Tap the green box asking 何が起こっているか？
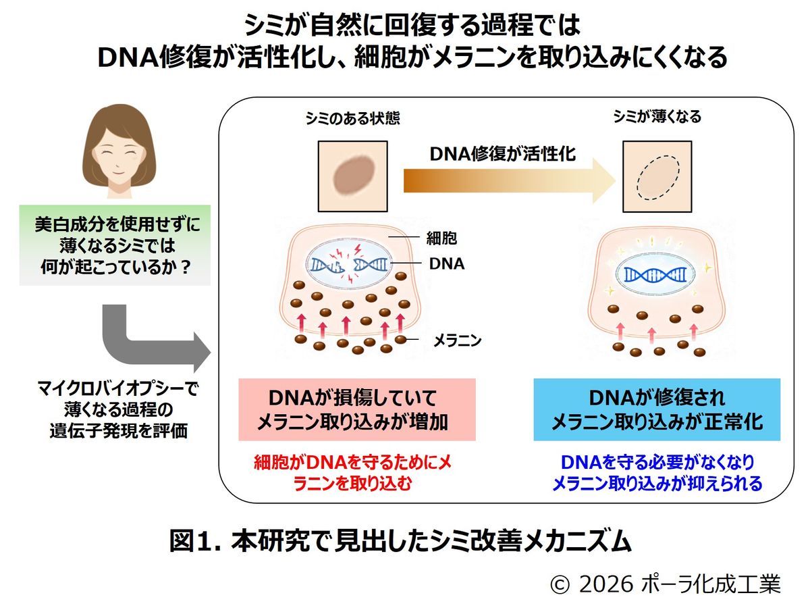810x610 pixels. [x=115, y=245]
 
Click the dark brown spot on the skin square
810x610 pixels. [x=354, y=176]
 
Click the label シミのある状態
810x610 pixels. [x=352, y=118]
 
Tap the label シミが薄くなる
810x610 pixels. [x=657, y=117]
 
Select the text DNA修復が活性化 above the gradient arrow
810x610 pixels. [x=503, y=154]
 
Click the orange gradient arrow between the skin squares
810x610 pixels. [x=509, y=181]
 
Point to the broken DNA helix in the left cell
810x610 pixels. [x=349, y=265]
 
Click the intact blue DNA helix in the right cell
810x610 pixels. [x=655, y=275]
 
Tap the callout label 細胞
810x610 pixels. [x=441, y=238]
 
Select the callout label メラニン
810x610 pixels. [x=457, y=340]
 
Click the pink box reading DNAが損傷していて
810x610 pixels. [x=357, y=409]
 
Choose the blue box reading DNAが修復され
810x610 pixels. [x=657, y=409]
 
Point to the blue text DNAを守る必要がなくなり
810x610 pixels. [x=657, y=462]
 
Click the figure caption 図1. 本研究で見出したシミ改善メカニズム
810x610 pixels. [x=400, y=542]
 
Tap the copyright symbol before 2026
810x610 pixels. [x=560, y=585]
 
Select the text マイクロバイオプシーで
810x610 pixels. [x=118, y=388]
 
